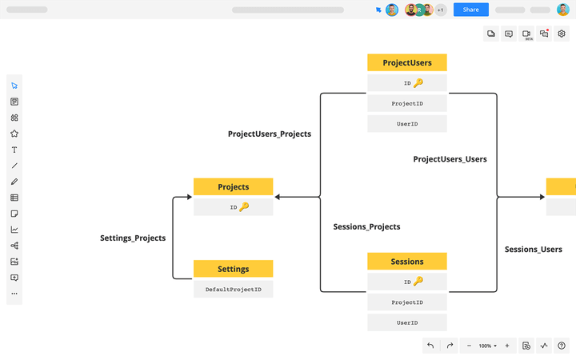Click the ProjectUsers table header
tap(407, 62)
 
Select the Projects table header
tap(234, 186)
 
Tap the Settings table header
tap(234, 269)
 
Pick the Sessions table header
tap(407, 262)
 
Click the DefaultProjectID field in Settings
tap(234, 289)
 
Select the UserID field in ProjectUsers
tap(407, 124)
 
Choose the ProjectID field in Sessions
tap(407, 302)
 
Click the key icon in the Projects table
tap(244, 207)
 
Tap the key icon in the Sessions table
tap(418, 282)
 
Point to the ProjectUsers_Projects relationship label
tap(270, 134)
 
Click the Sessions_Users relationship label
tap(533, 250)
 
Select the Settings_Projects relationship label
tap(133, 238)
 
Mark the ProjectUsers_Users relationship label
tap(450, 159)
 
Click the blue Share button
tap(470, 10)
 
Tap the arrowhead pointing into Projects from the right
tap(278, 196)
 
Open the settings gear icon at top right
tap(562, 34)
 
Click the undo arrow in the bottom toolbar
tap(430, 346)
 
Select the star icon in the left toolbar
tap(14, 134)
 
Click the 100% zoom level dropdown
tap(487, 346)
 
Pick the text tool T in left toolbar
tap(14, 150)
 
